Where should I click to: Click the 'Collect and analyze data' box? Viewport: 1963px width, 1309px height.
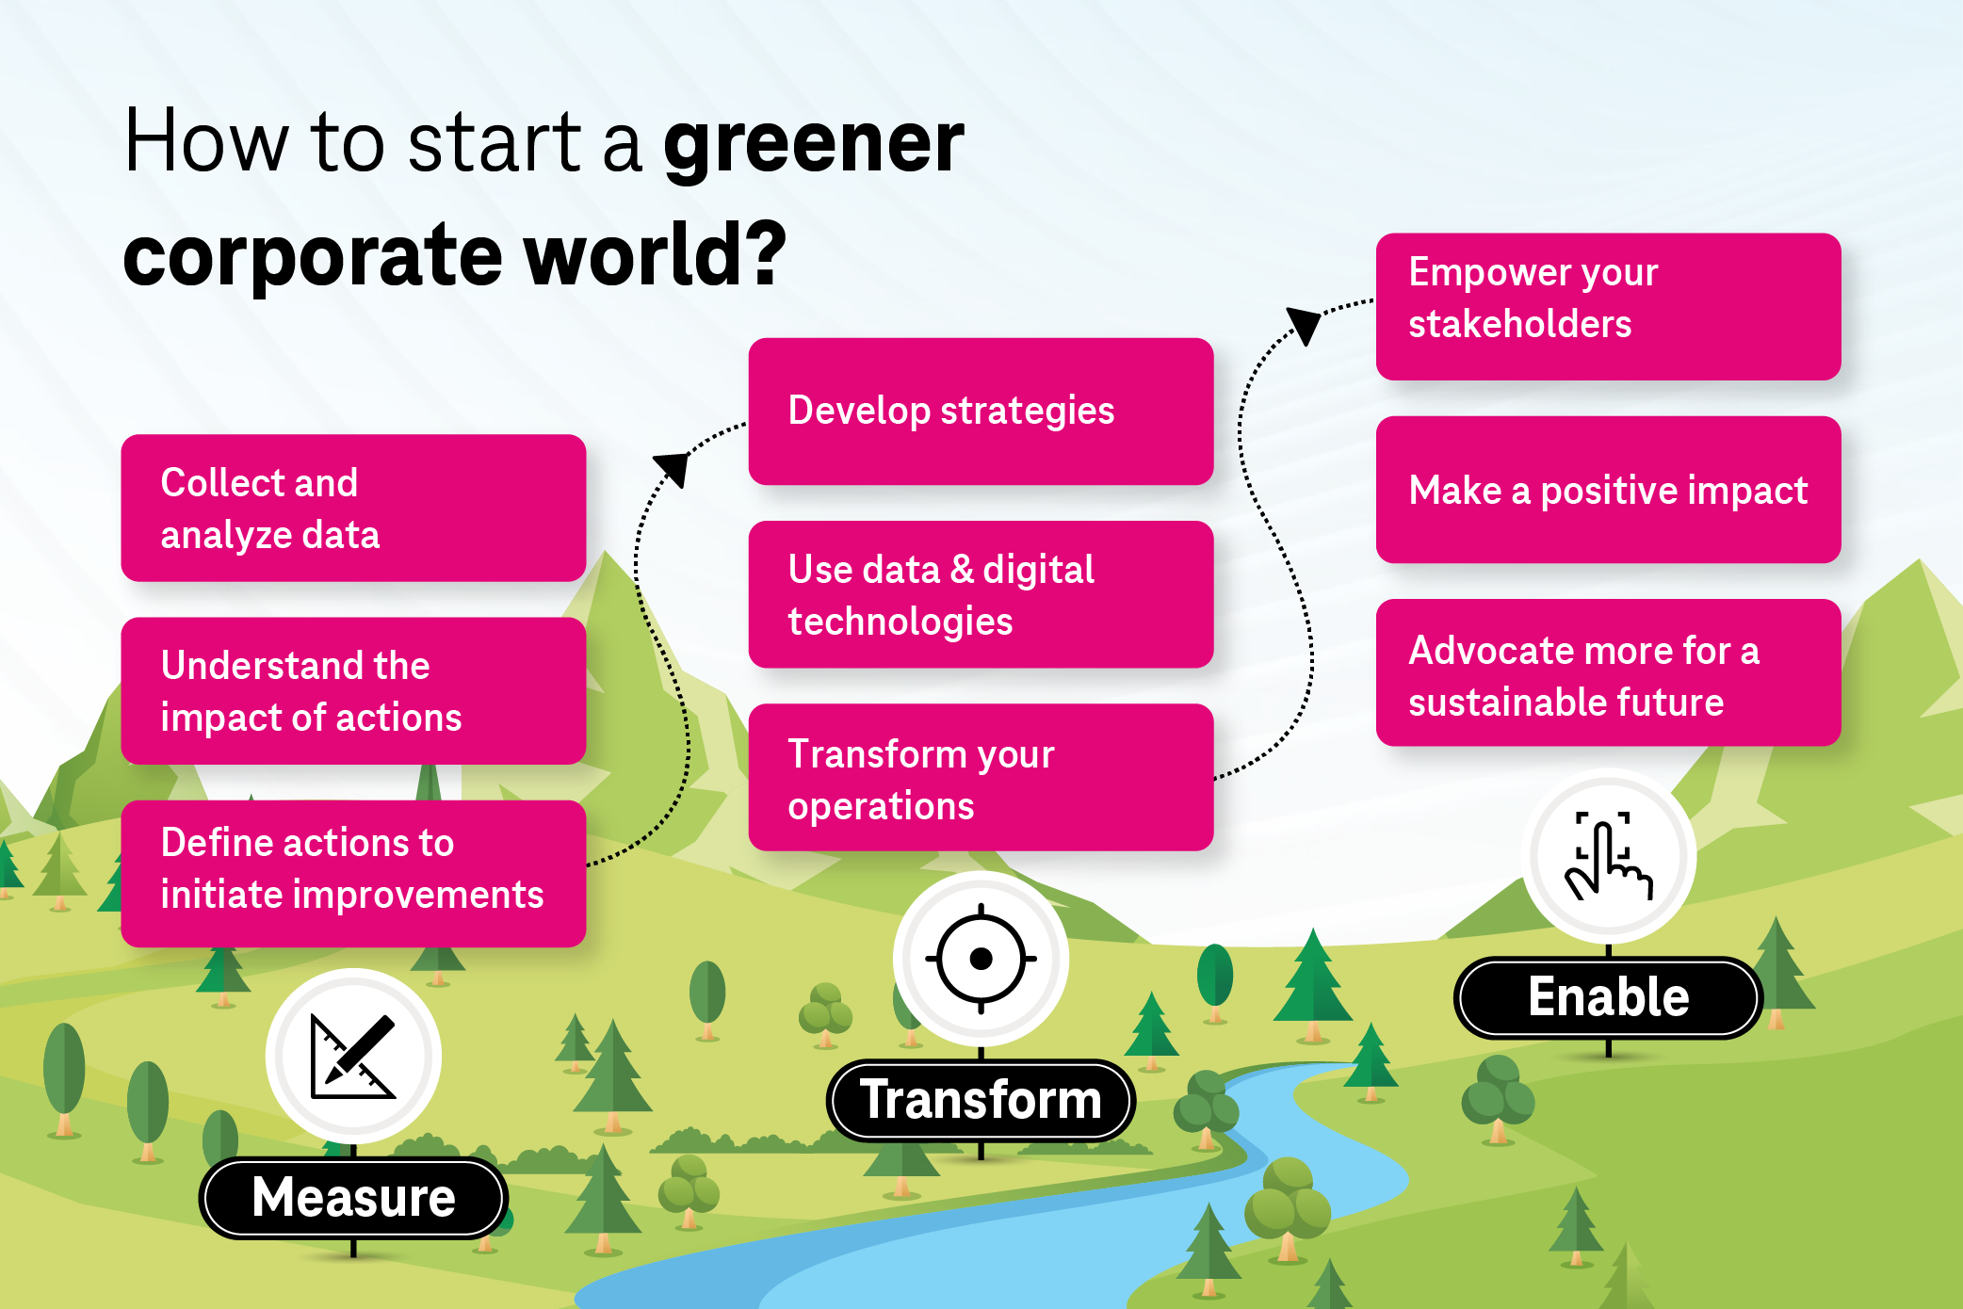coord(353,508)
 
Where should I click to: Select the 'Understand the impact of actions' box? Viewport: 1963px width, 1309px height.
coord(353,690)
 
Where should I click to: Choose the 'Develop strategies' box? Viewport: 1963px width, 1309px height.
coord(981,412)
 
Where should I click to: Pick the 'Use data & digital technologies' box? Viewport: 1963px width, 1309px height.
coord(981,594)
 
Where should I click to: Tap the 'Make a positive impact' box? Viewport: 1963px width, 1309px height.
coord(1608,490)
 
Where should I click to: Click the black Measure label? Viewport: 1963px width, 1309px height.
coord(353,1198)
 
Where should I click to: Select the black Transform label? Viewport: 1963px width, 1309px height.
coord(981,1100)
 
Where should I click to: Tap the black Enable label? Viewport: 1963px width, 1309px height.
coord(1608,997)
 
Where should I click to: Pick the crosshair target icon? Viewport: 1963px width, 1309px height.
coord(981,959)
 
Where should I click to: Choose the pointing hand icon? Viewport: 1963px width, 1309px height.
coord(1608,856)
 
